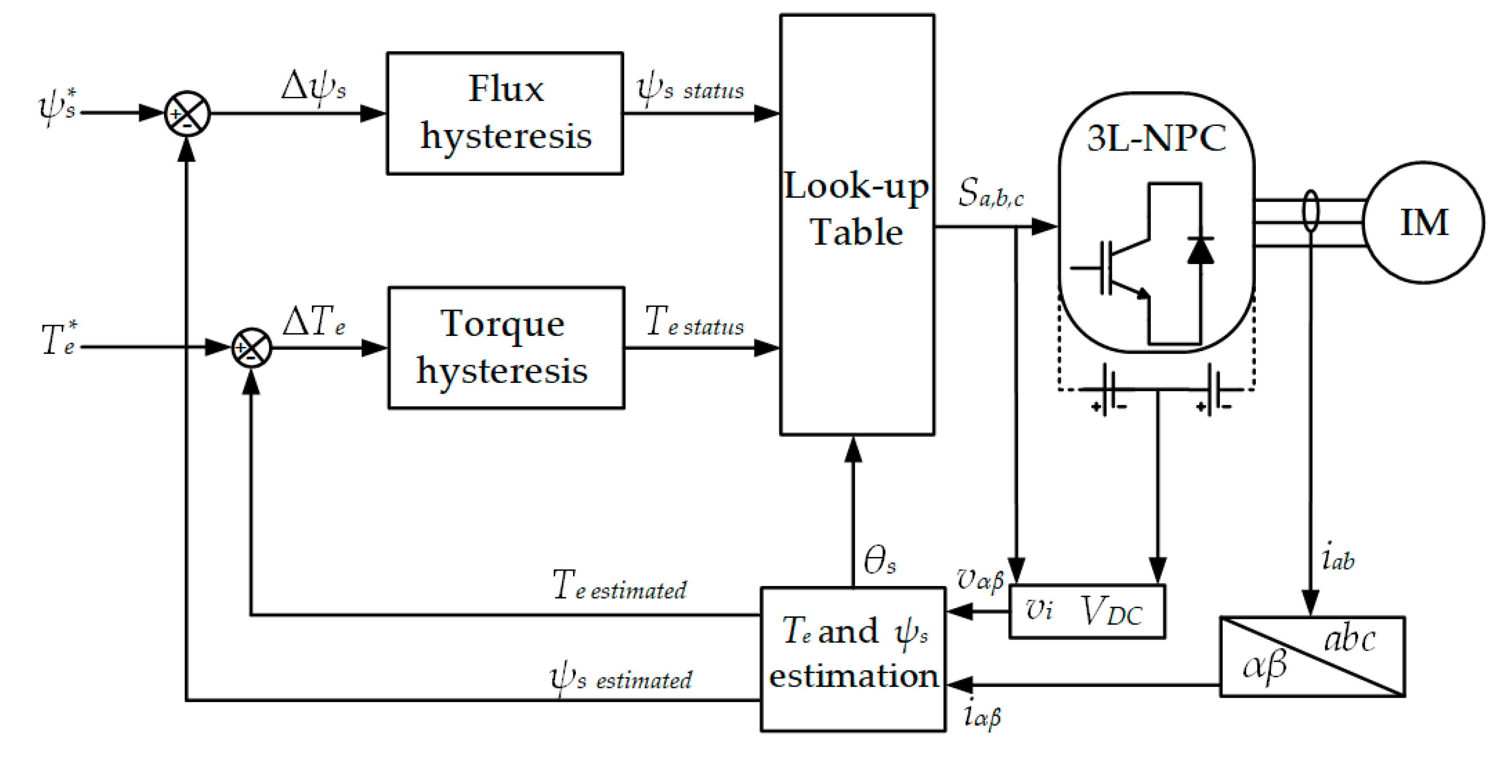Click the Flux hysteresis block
tap(505, 113)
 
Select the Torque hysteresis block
tap(506, 348)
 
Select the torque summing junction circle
tap(252, 348)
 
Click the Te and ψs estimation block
tap(852, 658)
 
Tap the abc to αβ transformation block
tap(1312, 656)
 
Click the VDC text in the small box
tap(1111, 612)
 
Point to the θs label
tap(879, 560)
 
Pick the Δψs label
tap(313, 88)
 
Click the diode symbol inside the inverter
tap(1200, 251)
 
